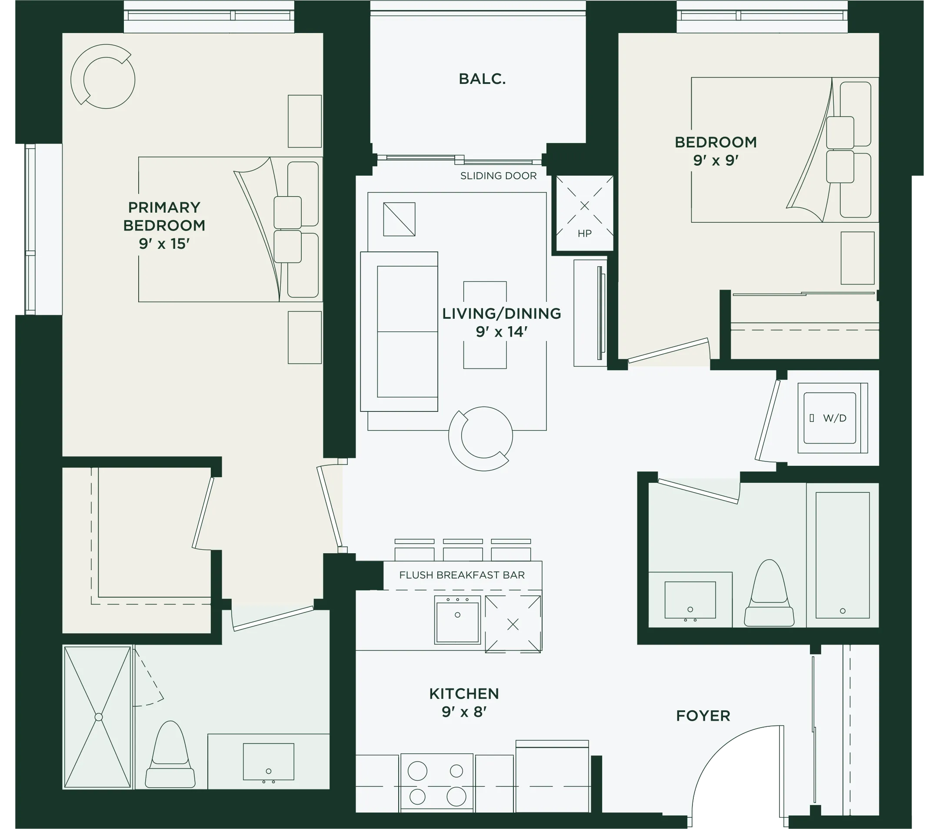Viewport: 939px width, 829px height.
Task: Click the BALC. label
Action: [x=482, y=79]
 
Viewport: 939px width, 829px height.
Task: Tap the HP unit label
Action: [x=584, y=234]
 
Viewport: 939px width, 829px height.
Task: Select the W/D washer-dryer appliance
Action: [x=832, y=418]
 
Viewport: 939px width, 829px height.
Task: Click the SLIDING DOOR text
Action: [x=499, y=176]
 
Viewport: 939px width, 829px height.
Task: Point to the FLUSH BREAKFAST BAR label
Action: [x=462, y=575]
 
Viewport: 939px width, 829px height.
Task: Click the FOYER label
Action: [x=703, y=715]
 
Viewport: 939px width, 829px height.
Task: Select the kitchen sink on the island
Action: [x=458, y=620]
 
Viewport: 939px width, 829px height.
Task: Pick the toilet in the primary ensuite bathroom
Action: [x=170, y=755]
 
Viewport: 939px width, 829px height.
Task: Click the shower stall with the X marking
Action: [x=98, y=717]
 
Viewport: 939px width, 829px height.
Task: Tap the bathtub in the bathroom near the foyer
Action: [x=842, y=555]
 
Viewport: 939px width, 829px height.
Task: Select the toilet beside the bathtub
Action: [x=769, y=593]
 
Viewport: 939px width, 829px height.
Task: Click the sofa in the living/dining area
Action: [x=399, y=331]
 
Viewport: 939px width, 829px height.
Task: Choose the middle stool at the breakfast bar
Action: [x=463, y=550]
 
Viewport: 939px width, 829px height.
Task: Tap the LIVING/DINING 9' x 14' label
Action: [x=502, y=322]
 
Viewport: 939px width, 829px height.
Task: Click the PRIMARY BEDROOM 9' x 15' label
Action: [x=164, y=225]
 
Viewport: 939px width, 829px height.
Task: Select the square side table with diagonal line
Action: [x=399, y=219]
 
